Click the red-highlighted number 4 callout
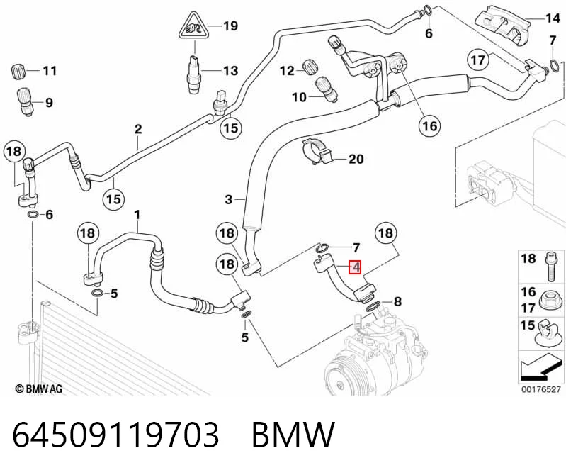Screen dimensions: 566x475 tap(355, 267)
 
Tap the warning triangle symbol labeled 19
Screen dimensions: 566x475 tap(195, 26)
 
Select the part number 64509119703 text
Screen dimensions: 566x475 tap(115, 434)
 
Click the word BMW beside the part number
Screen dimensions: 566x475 tap(293, 434)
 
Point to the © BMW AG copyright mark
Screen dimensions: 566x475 tap(39, 389)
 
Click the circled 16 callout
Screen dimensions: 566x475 tap(429, 126)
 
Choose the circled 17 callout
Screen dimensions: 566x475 tap(479, 60)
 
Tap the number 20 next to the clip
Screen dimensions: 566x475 tap(356, 159)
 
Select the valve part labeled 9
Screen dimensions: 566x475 tap(26, 101)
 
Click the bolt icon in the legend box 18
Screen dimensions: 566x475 tap(549, 267)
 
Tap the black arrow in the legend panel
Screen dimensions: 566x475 tap(540, 369)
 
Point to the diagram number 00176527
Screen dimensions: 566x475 tap(541, 389)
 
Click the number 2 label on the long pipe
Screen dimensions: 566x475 tap(138, 129)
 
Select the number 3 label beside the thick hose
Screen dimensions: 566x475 tap(229, 199)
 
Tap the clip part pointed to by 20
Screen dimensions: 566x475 tap(316, 152)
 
